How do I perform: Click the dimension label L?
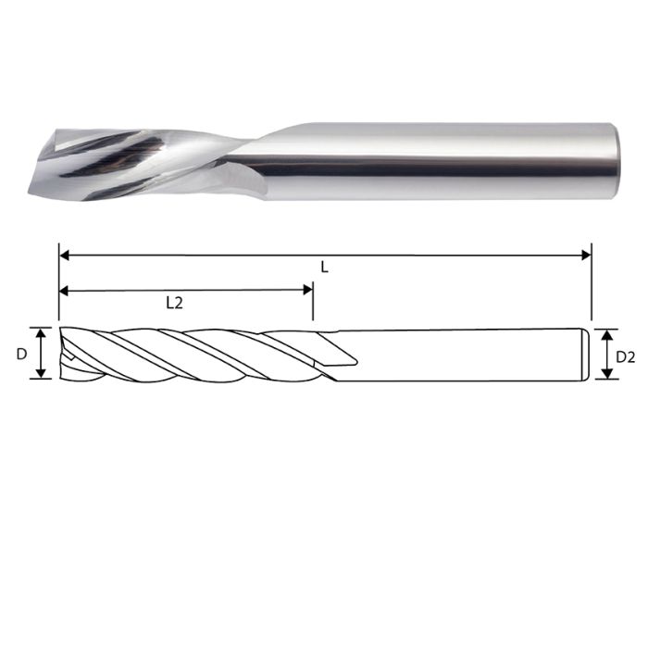[x=324, y=267]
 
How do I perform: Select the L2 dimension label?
[x=173, y=302]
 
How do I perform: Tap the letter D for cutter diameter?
[x=23, y=353]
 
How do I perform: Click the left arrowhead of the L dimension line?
[x=64, y=254]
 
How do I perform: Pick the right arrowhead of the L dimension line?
[x=586, y=254]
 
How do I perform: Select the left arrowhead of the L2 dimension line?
[x=64, y=290]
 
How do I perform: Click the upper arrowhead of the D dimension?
[x=41, y=331]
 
